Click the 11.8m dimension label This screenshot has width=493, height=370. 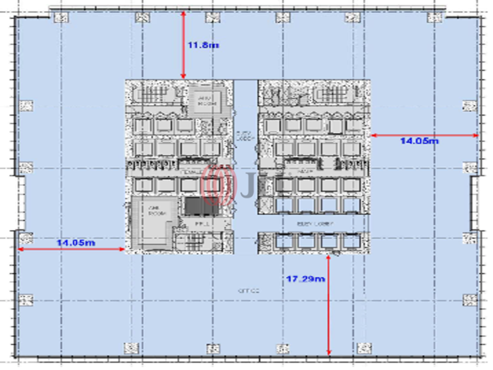click(203, 45)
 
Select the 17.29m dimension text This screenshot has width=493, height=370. click(305, 279)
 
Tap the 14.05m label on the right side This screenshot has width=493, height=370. click(419, 141)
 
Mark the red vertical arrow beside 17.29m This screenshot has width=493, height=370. click(329, 304)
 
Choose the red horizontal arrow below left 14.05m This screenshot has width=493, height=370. click(71, 249)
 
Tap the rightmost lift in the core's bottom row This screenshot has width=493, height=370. click(351, 241)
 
